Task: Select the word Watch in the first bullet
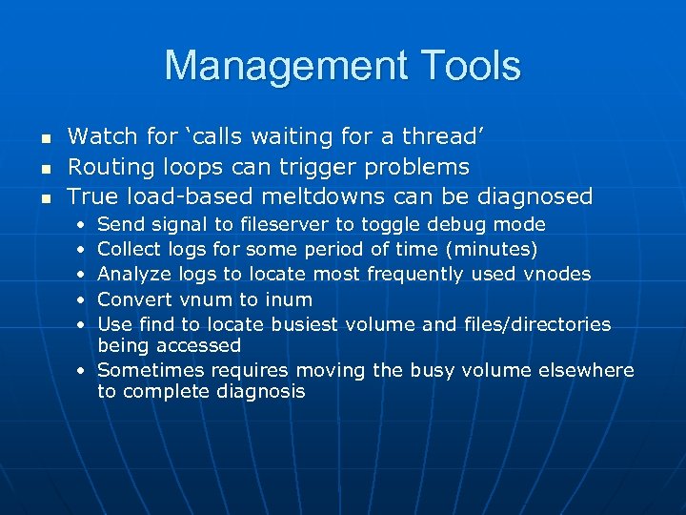click(x=99, y=137)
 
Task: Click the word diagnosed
click(x=536, y=197)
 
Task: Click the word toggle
click(x=391, y=225)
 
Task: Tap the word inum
click(x=288, y=299)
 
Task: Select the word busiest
click(x=309, y=324)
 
